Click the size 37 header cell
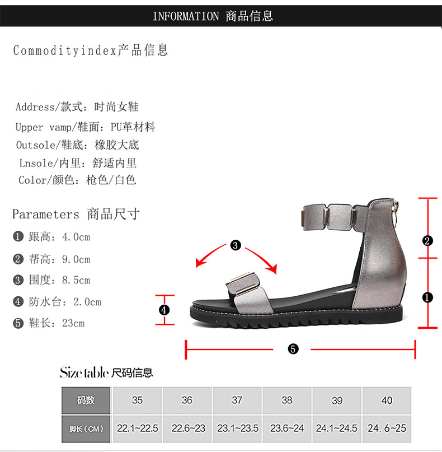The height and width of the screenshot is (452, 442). click(x=237, y=400)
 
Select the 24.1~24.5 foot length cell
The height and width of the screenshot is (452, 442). click(x=337, y=428)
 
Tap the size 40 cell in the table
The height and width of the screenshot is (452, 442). click(x=387, y=400)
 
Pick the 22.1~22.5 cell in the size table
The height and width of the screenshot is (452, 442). click(x=137, y=428)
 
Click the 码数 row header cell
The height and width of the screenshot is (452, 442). click(x=86, y=400)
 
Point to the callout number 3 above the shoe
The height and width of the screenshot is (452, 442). click(x=236, y=245)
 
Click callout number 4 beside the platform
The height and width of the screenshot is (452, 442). click(x=164, y=310)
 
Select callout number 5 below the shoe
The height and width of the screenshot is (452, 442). click(x=293, y=349)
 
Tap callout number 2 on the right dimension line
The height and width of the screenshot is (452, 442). click(x=427, y=241)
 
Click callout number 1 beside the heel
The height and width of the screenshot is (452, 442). click(x=427, y=297)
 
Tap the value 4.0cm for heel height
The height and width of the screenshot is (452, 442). click(x=76, y=237)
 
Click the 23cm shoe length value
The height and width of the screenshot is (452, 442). click(x=73, y=323)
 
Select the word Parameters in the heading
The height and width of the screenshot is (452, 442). click(x=46, y=215)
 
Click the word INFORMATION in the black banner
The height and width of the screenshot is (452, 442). click(x=186, y=16)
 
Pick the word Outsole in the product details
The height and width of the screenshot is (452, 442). click(x=35, y=145)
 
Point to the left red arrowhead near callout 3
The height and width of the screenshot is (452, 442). click(x=200, y=263)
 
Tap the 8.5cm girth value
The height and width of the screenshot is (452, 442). click(x=76, y=280)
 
